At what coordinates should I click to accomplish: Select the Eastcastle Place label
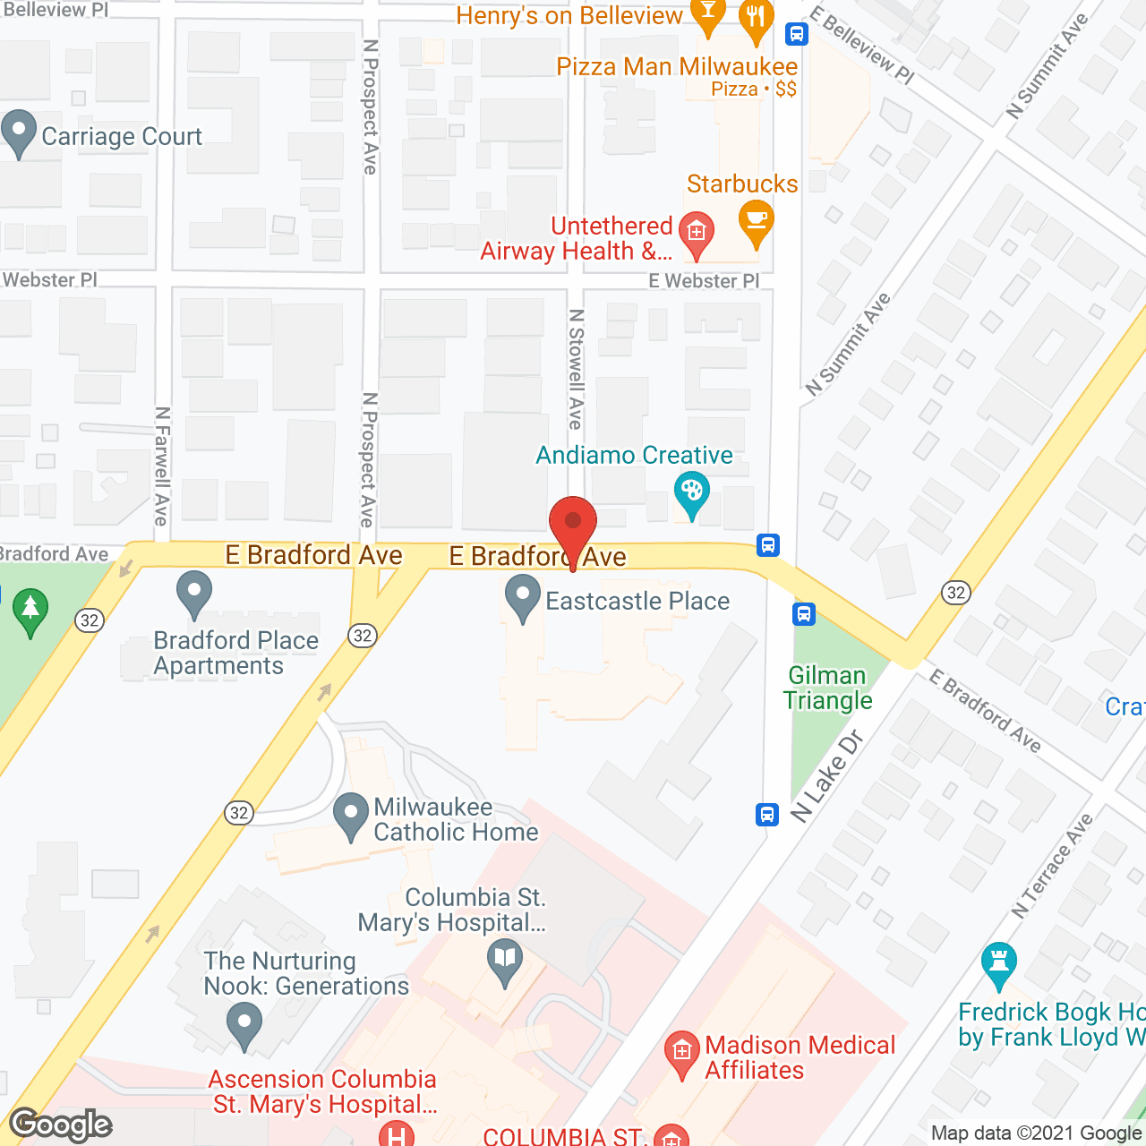(637, 601)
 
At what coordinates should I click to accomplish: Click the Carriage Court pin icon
(19, 133)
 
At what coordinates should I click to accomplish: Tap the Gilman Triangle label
(827, 688)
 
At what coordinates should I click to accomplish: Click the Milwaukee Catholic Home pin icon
(350, 816)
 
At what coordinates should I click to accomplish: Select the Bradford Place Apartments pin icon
(194, 594)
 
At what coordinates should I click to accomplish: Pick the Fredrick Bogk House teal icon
(998, 964)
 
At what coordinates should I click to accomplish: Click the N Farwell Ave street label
(162, 466)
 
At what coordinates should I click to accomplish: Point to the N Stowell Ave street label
(576, 369)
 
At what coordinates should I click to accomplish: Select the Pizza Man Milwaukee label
(677, 67)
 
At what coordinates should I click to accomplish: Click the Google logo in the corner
(61, 1125)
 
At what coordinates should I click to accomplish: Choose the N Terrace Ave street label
(1053, 866)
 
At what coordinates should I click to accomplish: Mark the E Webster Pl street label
(704, 281)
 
